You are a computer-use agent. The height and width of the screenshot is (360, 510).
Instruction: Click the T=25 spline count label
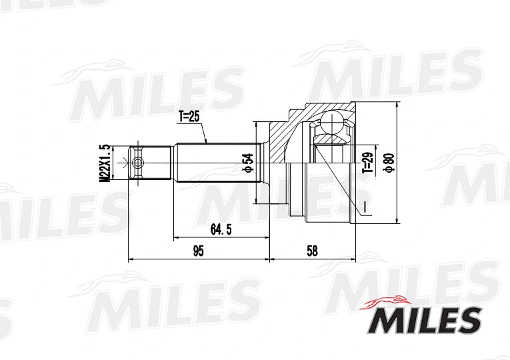189,117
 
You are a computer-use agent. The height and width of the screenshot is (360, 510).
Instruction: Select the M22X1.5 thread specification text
104,163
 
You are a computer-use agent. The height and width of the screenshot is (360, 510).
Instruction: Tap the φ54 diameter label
247,163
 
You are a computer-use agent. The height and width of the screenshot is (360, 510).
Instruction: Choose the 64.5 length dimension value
221,229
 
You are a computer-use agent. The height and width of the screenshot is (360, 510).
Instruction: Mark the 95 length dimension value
198,251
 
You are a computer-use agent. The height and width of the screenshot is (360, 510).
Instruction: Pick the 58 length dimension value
312,251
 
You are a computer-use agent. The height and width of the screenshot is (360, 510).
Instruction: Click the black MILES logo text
421,320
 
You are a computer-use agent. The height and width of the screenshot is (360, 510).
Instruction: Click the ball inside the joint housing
331,123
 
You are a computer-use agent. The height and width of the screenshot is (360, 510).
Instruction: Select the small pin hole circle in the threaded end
138,163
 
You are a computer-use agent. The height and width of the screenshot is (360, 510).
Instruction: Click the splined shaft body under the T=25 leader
213,163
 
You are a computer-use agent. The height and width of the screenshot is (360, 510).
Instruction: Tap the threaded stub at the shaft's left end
153,163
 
